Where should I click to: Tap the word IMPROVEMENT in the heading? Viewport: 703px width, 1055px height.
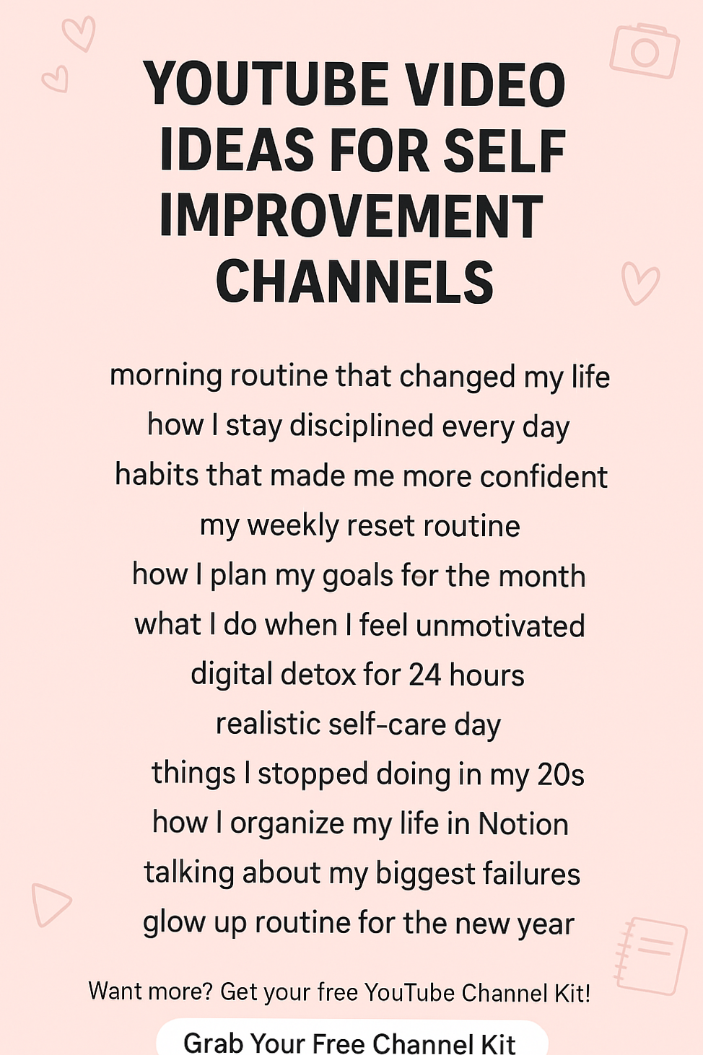351,216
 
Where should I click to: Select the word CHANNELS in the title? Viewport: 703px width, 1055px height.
354,281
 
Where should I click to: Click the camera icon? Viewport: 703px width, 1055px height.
644,51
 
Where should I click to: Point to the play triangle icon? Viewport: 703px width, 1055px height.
49,903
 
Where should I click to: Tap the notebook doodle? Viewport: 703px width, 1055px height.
652,955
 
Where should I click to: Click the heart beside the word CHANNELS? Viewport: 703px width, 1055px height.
639,283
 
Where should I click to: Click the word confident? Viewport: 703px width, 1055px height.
543,476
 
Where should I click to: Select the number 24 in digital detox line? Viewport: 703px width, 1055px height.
424,675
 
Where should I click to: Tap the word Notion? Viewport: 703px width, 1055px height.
523,823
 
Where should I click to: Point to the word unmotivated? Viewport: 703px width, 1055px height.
500,626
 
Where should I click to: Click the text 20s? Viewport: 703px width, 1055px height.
561,774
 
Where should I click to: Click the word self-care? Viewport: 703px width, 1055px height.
387,724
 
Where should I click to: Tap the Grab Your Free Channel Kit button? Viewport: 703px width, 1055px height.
351,1041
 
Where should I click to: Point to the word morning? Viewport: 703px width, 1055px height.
165,376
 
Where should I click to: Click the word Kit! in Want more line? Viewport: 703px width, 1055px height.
572,993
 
